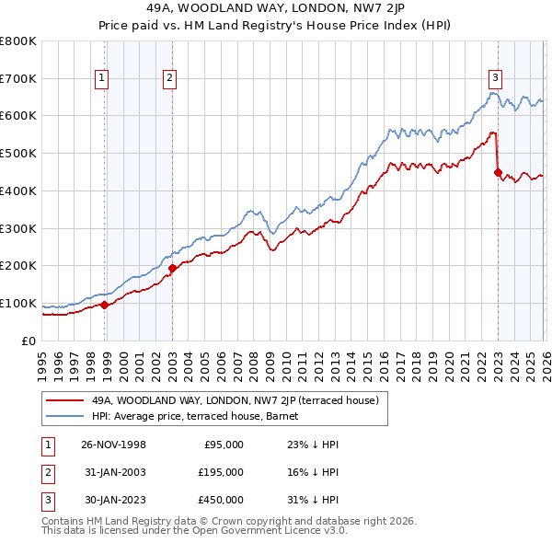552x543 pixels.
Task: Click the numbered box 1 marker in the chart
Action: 100,79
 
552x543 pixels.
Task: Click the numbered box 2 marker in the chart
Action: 170,79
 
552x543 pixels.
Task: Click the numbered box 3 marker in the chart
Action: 495,79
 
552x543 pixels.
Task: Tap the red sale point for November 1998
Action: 105,305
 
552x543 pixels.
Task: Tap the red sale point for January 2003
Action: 172,268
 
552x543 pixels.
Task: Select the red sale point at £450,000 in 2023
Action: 498,171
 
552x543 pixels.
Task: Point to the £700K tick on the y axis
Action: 17,78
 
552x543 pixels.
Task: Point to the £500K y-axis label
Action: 17,154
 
